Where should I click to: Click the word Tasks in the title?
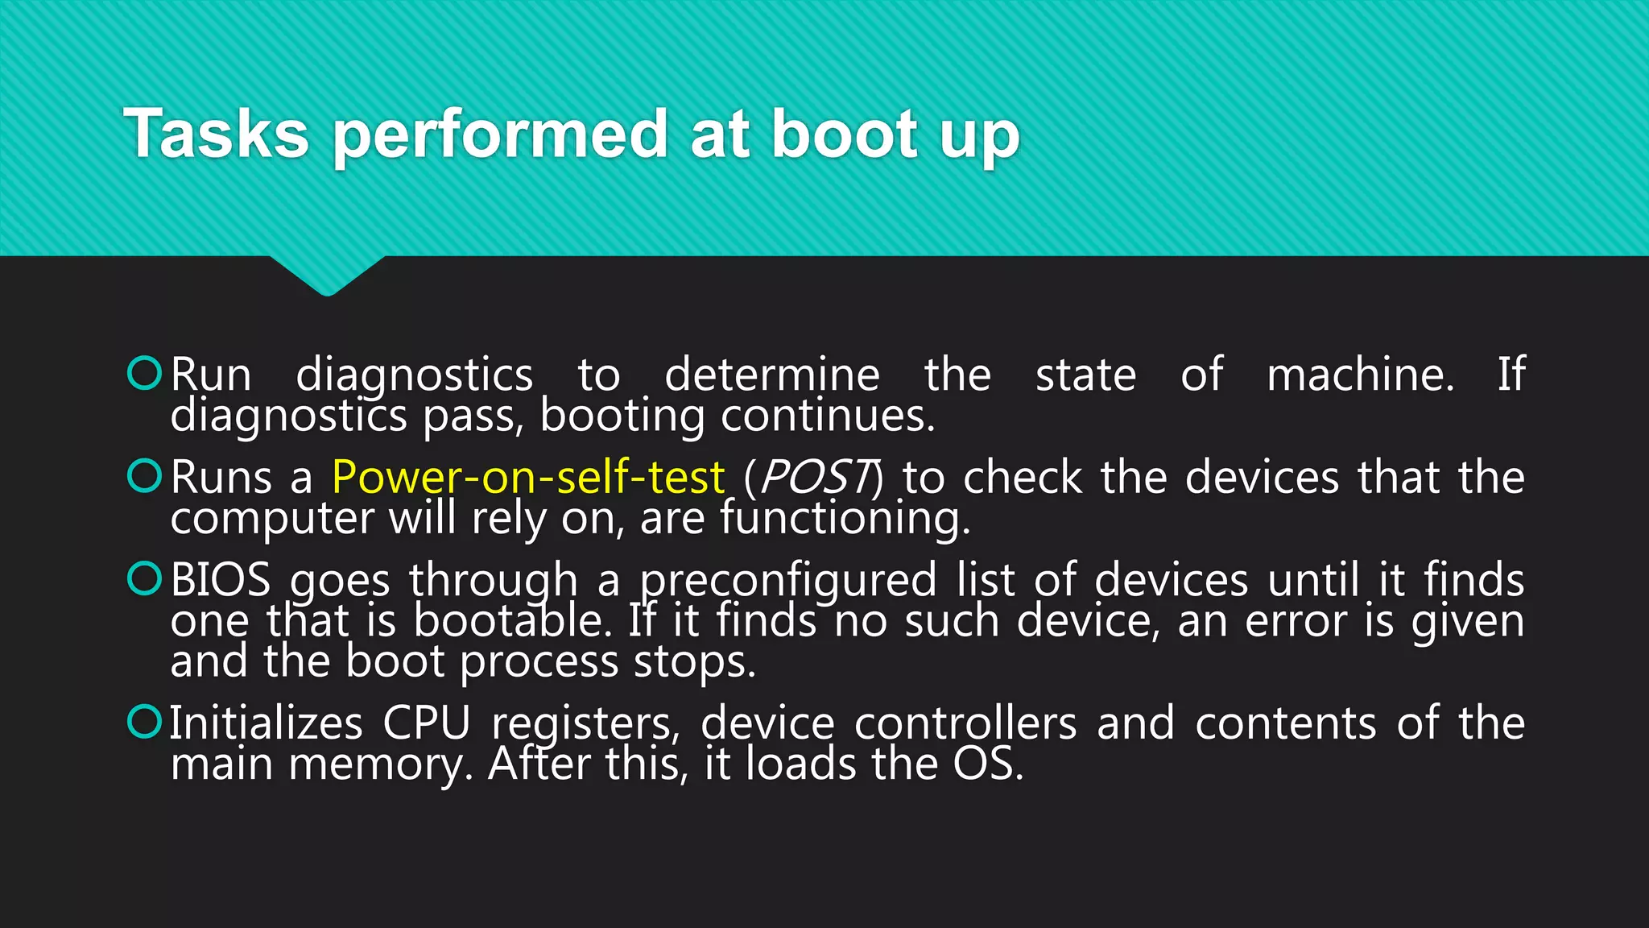point(216,134)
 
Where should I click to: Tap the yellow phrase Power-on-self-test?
point(528,477)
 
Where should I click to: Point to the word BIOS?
point(221,580)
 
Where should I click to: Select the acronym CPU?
point(426,723)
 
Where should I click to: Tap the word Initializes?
point(266,723)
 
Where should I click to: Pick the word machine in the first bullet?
point(1361,375)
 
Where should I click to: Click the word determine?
point(772,375)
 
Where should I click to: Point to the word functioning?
point(845,518)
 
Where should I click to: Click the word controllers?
point(965,723)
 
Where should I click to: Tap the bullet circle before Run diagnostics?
point(145,373)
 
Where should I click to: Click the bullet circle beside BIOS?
point(145,578)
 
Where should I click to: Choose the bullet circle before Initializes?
point(145,721)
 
